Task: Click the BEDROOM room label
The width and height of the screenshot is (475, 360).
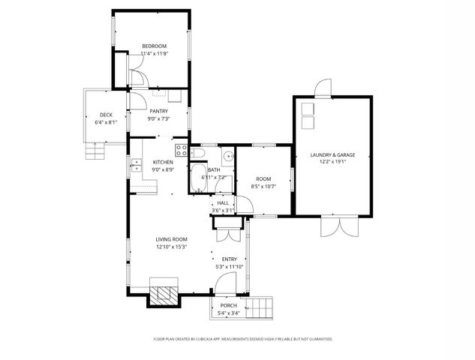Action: (153, 46)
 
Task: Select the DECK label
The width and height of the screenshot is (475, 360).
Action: (106, 115)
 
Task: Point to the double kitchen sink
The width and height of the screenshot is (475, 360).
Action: (136, 166)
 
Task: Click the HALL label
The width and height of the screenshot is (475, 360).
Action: (223, 202)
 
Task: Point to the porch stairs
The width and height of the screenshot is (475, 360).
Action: (263, 307)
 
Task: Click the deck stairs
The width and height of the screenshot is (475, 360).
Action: (94, 153)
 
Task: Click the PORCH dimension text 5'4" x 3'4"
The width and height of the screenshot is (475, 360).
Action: (228, 313)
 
